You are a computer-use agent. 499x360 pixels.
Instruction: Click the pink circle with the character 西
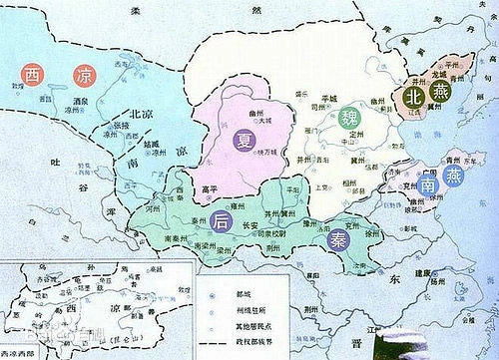(x=34, y=74)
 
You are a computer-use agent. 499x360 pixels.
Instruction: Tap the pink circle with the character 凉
(x=87, y=75)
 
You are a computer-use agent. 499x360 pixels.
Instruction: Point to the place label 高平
(x=210, y=188)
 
